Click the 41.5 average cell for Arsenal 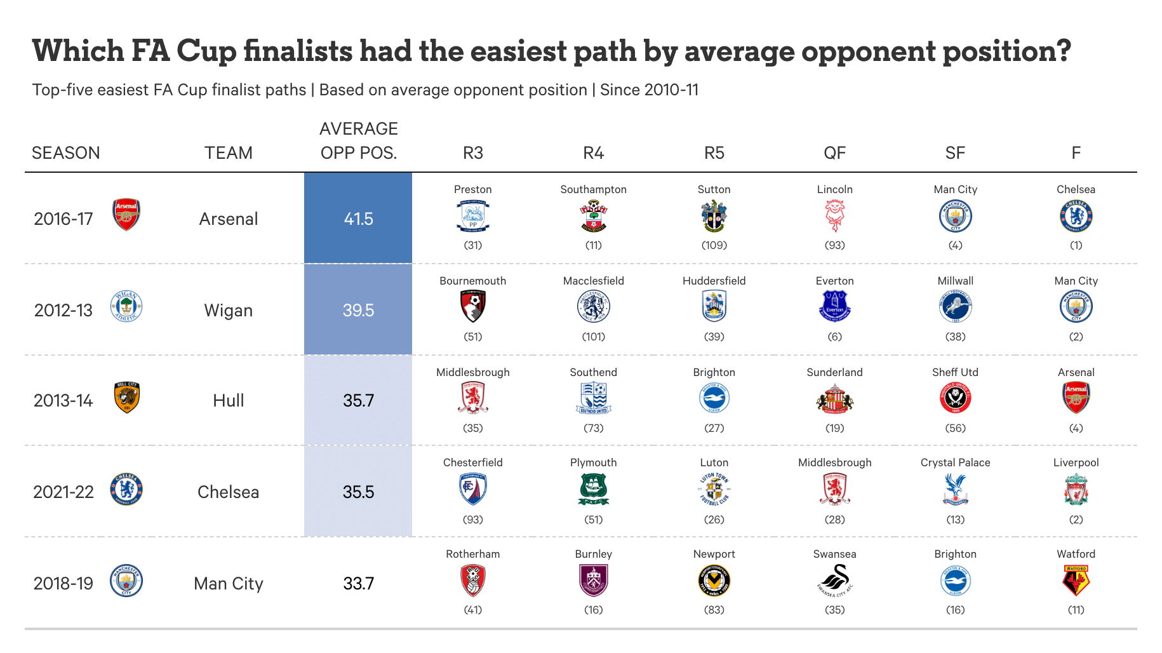(358, 219)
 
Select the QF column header (834, 153)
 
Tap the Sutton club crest (714, 216)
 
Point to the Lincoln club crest (834, 216)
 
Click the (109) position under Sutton (714, 245)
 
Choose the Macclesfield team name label (593, 281)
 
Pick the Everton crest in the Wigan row (834, 307)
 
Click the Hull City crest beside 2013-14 (126, 398)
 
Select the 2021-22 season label (63, 492)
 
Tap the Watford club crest (1076, 581)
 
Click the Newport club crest (714, 581)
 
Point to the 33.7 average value (358, 583)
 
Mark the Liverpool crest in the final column (1076, 490)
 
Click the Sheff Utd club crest (955, 398)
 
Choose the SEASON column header (66, 153)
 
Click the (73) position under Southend (593, 428)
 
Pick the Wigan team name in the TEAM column (228, 310)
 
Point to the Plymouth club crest (593, 490)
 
